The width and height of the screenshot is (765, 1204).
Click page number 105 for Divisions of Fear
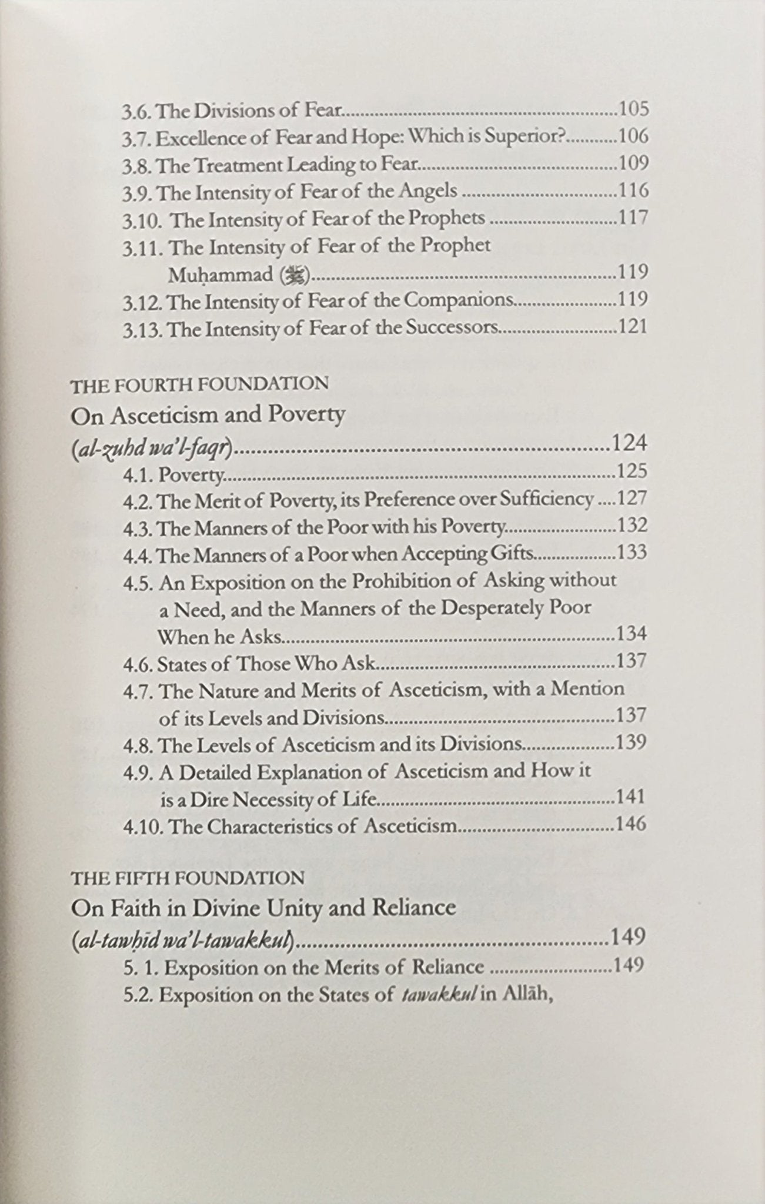pyautogui.click(x=632, y=109)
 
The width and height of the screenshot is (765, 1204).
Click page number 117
pyautogui.click(x=632, y=219)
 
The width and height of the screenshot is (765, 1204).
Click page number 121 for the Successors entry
pyautogui.click(x=632, y=326)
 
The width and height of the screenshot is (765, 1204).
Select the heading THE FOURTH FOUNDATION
pyautogui.click(x=199, y=384)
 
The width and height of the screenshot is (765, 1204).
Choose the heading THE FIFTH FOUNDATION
pyautogui.click(x=187, y=879)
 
